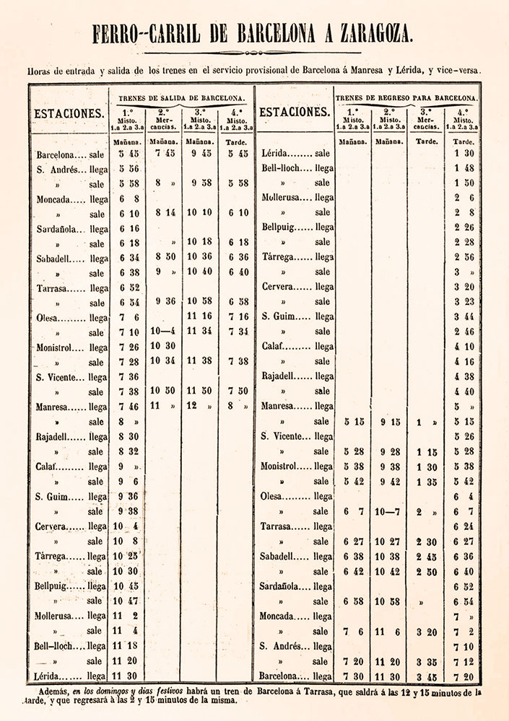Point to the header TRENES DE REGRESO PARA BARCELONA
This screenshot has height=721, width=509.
click(x=406, y=97)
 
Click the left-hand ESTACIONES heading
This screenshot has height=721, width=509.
click(x=68, y=113)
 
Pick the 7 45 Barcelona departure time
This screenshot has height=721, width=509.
click(x=166, y=153)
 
